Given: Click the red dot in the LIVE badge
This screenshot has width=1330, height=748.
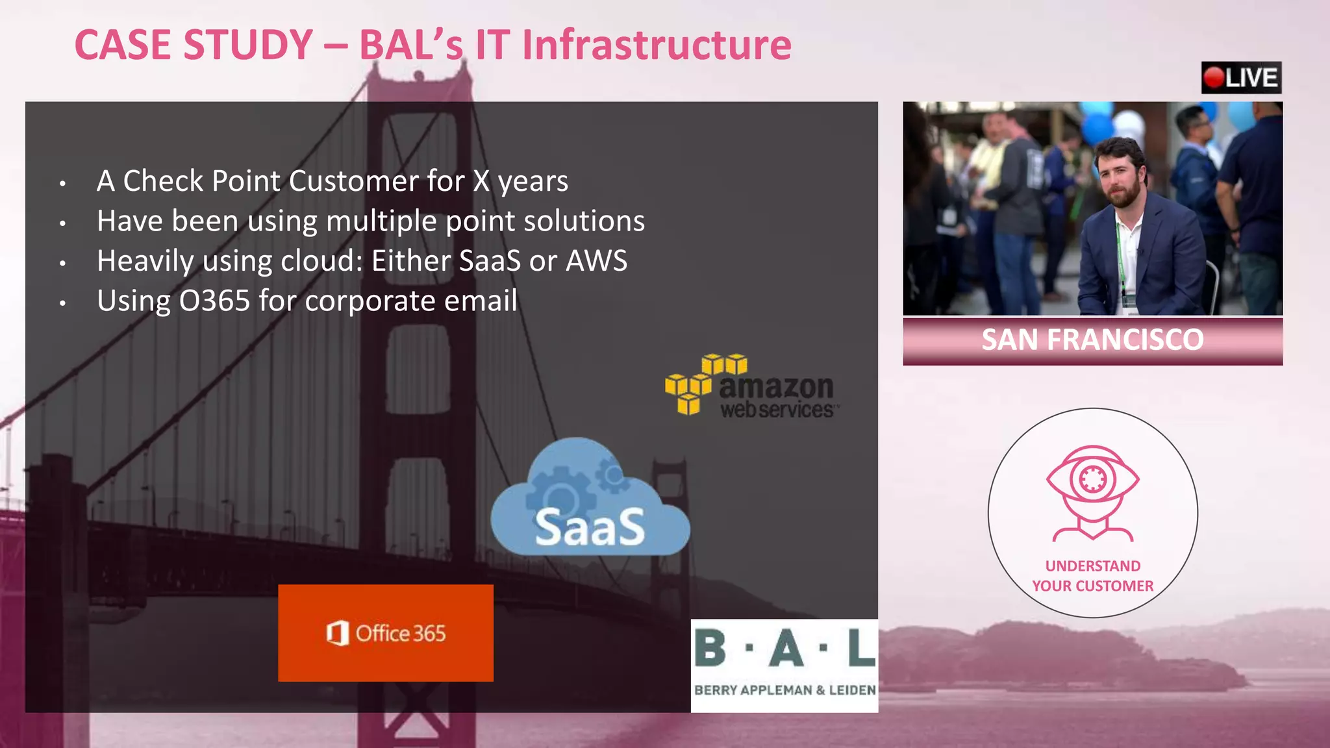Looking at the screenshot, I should (x=1213, y=78).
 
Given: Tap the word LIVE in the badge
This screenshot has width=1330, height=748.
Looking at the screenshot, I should (x=1251, y=78).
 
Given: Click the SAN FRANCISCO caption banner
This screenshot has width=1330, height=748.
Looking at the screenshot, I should (x=1092, y=340).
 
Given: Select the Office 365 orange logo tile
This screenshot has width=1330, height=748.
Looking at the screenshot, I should (x=386, y=633).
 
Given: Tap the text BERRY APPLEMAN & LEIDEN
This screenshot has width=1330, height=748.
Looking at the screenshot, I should (x=784, y=690).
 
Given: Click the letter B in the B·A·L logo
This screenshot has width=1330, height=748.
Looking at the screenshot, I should (x=710, y=649).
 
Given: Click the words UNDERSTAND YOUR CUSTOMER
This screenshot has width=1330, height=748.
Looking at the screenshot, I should (x=1093, y=576).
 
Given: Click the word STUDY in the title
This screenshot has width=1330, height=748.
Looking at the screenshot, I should (x=249, y=45).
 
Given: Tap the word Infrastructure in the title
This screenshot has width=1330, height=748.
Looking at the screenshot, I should (x=657, y=45).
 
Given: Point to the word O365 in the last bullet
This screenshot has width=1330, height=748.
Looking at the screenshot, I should (x=214, y=301).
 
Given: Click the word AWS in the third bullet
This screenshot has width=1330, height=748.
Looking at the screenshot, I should (x=596, y=261).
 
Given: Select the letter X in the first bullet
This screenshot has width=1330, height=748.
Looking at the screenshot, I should (x=481, y=181).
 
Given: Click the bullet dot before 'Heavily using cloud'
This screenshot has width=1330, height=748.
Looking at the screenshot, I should (x=62, y=264).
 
